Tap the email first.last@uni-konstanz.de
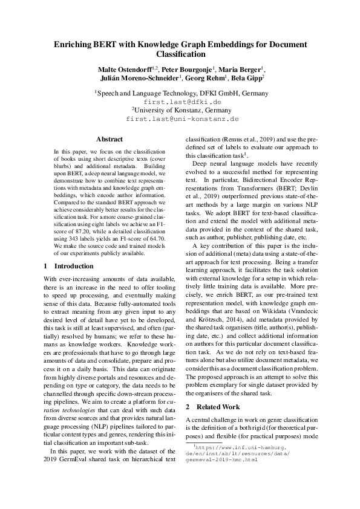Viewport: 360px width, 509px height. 180,119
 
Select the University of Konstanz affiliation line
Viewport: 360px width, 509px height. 180,111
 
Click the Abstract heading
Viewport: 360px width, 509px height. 110,139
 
